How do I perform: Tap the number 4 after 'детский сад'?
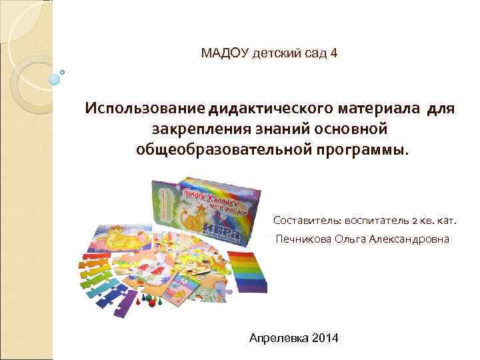coord(333,52)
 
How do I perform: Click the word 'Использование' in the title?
coord(143,108)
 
